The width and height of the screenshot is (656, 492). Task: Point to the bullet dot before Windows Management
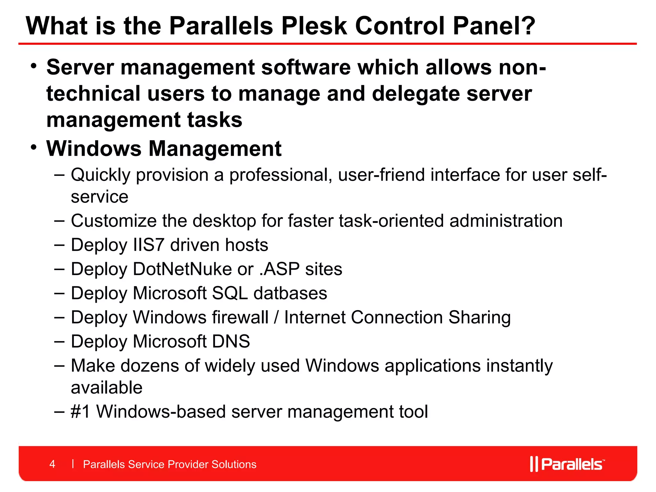(x=34, y=147)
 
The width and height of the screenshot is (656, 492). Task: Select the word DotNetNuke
(x=182, y=269)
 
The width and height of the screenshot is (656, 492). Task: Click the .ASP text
(x=279, y=269)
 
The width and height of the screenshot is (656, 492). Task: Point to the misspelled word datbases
(x=290, y=293)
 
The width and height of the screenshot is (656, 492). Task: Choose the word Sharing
(x=479, y=317)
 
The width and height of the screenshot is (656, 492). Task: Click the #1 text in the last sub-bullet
(x=80, y=412)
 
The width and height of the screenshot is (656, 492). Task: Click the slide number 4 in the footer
(x=53, y=464)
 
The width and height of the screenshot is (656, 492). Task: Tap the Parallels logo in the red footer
(x=567, y=464)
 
